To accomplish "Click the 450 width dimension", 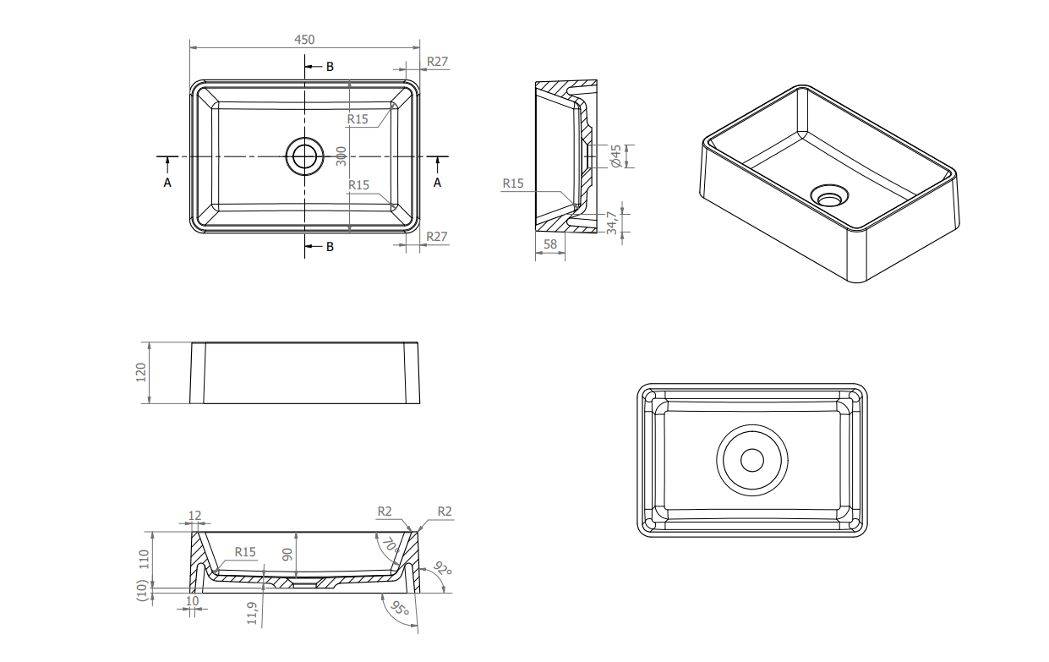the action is point(304,40).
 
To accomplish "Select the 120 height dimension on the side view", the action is point(141,373).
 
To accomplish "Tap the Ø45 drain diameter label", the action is point(616,156).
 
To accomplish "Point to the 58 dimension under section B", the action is point(550,244).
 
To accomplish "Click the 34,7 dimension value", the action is point(612,222).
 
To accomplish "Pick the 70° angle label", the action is point(391,545).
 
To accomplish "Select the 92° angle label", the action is point(441,569).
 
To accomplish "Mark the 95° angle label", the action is point(400,608).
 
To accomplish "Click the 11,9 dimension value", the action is point(252,613).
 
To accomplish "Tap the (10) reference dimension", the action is point(142,590).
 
